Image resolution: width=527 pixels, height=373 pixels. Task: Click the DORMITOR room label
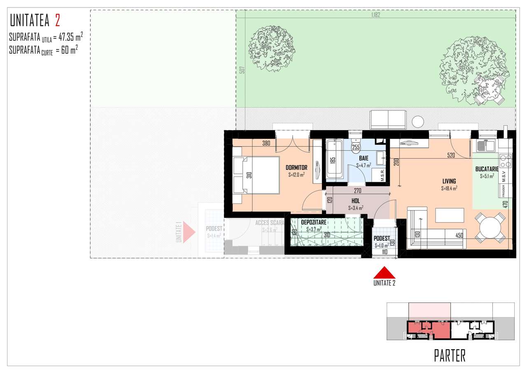[x=296, y=168]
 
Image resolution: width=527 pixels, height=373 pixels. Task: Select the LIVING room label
[x=449, y=181]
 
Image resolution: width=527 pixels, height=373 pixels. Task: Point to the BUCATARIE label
[x=487, y=169]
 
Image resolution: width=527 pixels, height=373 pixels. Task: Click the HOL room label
[x=355, y=201]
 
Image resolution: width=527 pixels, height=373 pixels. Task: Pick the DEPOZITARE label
[x=313, y=222]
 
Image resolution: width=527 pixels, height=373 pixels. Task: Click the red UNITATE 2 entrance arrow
[x=384, y=272]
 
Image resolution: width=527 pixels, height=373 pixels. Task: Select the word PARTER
[x=450, y=355]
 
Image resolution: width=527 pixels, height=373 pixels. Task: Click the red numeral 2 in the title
[x=57, y=20]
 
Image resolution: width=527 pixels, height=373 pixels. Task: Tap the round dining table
[x=490, y=227]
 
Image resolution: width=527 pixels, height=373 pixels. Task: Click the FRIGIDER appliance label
[x=503, y=191]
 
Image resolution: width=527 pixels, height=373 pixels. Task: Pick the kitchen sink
[x=485, y=145]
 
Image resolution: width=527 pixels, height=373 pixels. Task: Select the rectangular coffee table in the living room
[x=450, y=215]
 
